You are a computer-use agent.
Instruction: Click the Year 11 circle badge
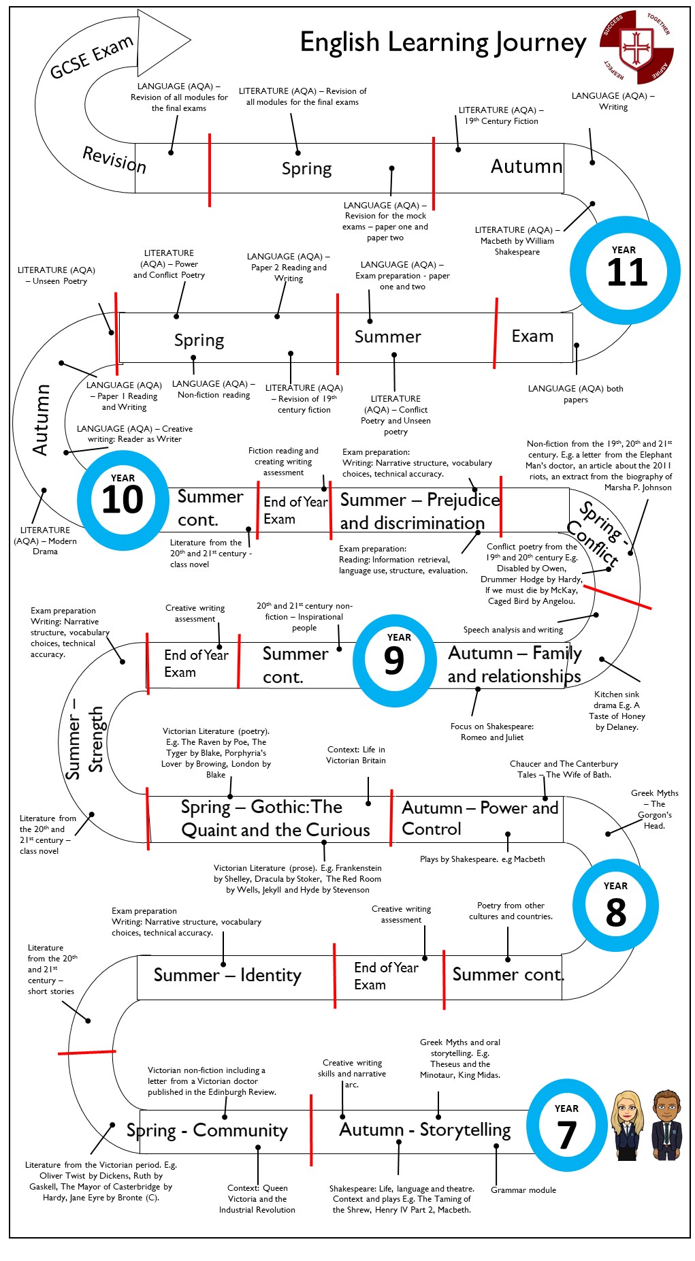pyautogui.click(x=625, y=270)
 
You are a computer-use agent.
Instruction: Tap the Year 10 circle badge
pyautogui.click(x=123, y=499)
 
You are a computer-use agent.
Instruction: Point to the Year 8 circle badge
pyautogui.click(x=615, y=906)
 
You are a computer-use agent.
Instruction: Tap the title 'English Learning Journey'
pyautogui.click(x=443, y=43)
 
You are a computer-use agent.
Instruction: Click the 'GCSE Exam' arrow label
pyautogui.click(x=92, y=57)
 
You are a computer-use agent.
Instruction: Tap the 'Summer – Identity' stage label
pyautogui.click(x=227, y=975)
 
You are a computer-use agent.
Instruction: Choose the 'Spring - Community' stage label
pyautogui.click(x=207, y=1130)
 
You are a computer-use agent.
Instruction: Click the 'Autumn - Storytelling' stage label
pyautogui.click(x=425, y=1130)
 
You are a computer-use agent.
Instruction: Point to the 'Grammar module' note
pyautogui.click(x=523, y=1190)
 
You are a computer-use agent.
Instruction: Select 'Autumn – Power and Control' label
pyautogui.click(x=479, y=818)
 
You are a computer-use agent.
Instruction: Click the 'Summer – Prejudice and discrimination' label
pyautogui.click(x=419, y=511)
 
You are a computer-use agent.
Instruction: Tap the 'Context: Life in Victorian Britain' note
pyautogui.click(x=355, y=755)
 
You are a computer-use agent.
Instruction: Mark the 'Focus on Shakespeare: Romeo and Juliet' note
pyautogui.click(x=491, y=732)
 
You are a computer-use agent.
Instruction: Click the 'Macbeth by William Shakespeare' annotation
pyautogui.click(x=517, y=241)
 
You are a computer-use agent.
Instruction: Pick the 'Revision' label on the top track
pyautogui.click(x=114, y=160)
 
